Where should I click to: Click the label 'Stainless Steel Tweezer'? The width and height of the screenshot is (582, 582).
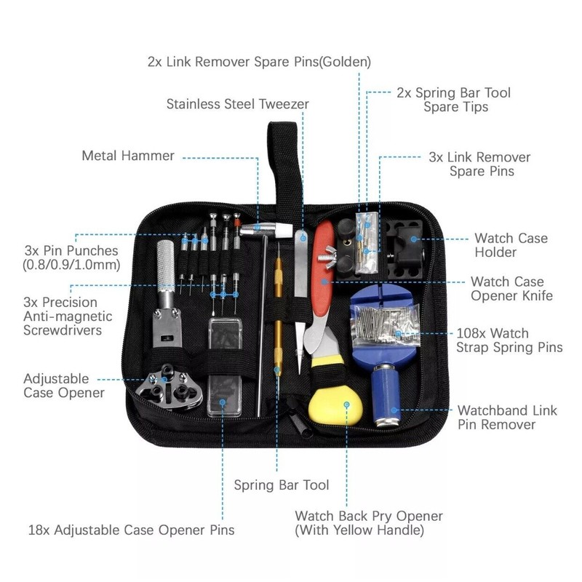click(x=237, y=104)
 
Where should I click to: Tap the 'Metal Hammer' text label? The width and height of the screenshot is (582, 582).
click(x=128, y=156)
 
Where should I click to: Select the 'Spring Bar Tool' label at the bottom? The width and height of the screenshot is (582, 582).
click(x=281, y=485)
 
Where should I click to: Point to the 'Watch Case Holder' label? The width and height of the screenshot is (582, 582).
click(x=511, y=245)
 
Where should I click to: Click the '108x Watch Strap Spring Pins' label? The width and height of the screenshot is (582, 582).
click(x=509, y=338)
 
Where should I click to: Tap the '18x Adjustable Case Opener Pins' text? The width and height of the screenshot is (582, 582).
click(x=131, y=530)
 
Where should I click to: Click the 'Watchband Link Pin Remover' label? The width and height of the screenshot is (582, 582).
click(x=507, y=418)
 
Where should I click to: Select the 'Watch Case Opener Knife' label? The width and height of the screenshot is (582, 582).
click(x=512, y=288)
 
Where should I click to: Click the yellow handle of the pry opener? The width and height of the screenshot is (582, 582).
click(x=335, y=404)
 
